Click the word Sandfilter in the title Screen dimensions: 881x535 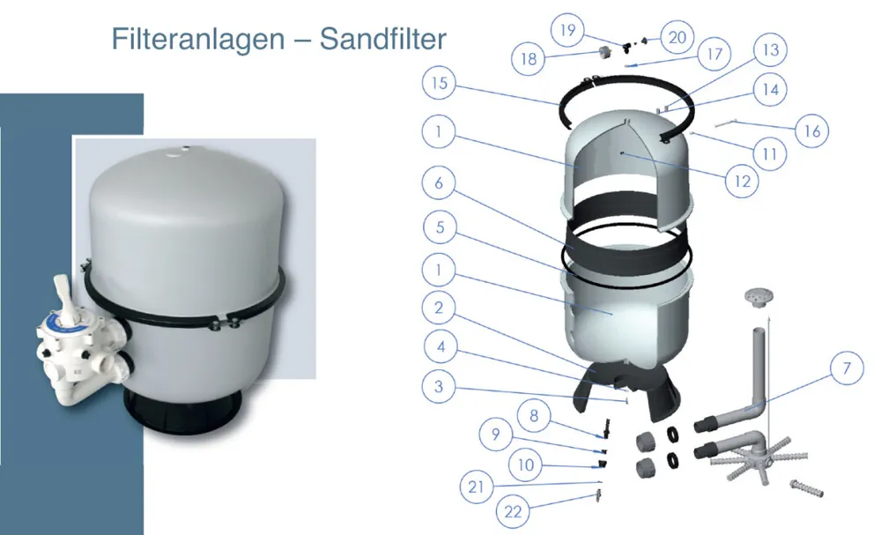(382, 39)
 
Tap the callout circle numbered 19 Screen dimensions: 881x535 (567, 29)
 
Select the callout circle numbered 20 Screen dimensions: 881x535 (677, 37)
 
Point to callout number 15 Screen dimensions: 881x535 (439, 83)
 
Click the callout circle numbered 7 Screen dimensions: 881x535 (847, 368)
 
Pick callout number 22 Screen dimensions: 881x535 (513, 511)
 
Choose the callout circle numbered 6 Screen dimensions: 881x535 (439, 182)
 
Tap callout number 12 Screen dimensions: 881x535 (742, 181)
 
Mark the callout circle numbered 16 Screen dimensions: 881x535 (812, 131)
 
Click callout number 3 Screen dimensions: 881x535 (439, 386)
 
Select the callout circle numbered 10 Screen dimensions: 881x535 (525, 464)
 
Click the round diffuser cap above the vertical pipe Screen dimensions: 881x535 (759, 297)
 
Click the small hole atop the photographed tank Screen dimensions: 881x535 (186, 149)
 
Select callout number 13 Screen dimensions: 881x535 (770, 49)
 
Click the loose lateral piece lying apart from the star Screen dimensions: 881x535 (806, 487)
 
